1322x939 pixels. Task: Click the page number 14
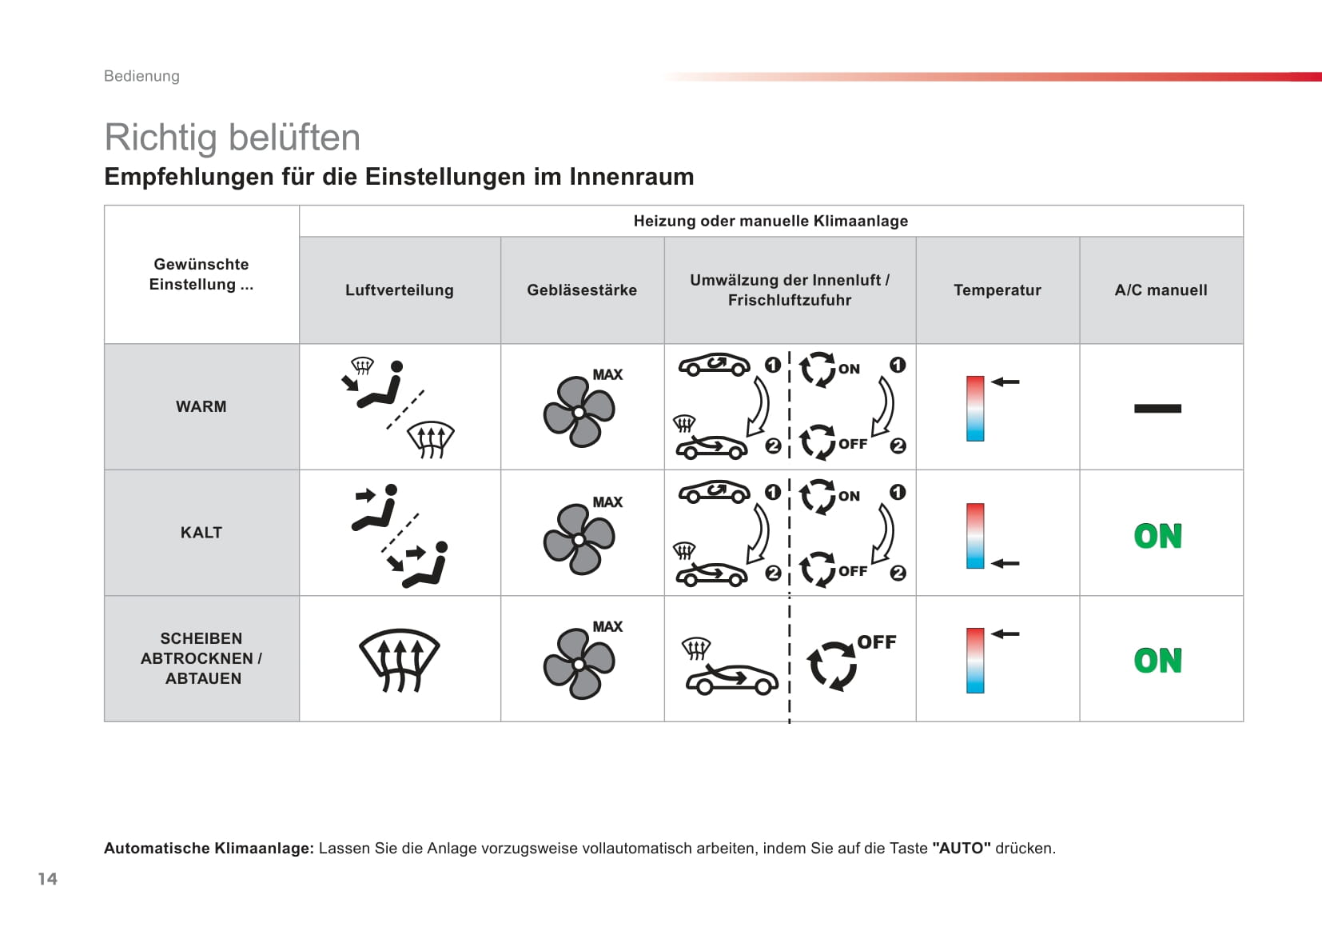click(x=48, y=879)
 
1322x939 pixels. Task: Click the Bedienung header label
click(x=141, y=76)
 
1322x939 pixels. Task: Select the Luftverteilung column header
click(x=400, y=290)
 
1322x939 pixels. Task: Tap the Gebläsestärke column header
click(x=582, y=290)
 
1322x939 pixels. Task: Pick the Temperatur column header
click(x=997, y=290)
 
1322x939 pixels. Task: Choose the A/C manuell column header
click(x=1161, y=290)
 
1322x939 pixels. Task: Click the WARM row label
click(x=201, y=406)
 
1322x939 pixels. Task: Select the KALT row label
click(x=201, y=533)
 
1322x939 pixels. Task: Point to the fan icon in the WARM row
click(x=579, y=412)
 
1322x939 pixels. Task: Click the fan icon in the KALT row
click(x=579, y=538)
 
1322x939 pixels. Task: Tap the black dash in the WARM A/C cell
click(x=1158, y=408)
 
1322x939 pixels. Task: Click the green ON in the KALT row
click(x=1158, y=536)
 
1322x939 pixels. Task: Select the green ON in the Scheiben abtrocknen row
click(x=1158, y=661)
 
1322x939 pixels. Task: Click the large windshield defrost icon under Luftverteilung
click(x=400, y=660)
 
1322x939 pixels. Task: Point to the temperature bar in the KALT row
click(x=975, y=536)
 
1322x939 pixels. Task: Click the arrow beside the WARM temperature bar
click(x=1005, y=382)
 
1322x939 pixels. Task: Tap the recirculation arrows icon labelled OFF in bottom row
click(x=832, y=666)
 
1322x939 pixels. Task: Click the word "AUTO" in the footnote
click(x=962, y=848)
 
